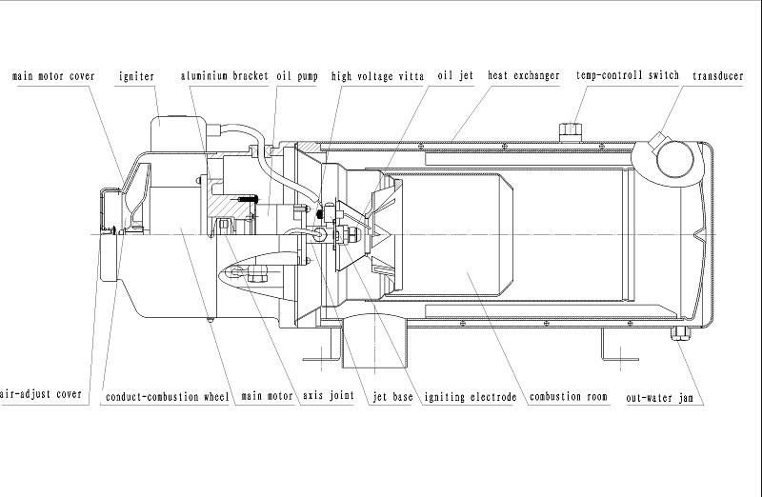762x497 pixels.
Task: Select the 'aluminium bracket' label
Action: [224, 74]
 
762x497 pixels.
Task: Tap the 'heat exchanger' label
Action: [523, 74]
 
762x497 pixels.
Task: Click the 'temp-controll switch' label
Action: [627, 74]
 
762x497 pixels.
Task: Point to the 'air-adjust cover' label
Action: [40, 394]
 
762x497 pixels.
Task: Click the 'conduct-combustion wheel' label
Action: [167, 396]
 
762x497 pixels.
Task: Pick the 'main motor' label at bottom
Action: [266, 396]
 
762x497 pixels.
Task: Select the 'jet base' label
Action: [392, 396]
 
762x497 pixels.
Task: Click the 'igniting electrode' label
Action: [471, 396]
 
